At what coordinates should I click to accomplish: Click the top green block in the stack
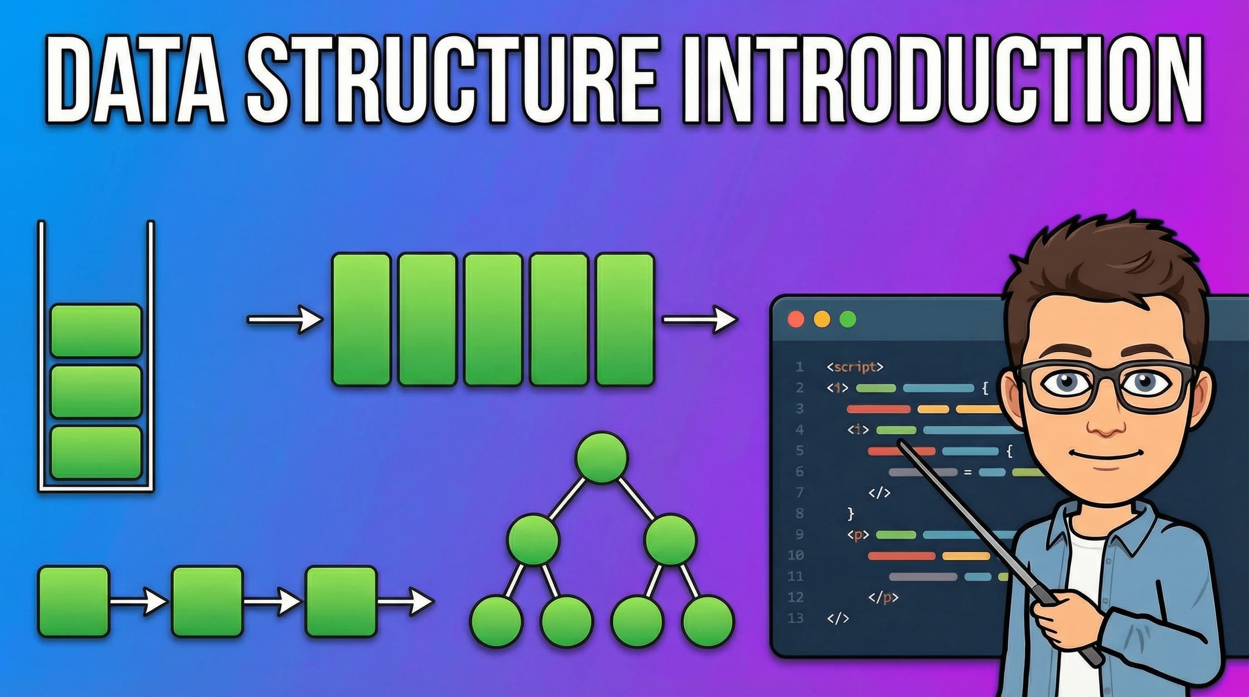[96, 330]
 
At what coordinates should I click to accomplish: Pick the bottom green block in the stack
[96, 452]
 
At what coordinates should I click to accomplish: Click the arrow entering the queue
[285, 319]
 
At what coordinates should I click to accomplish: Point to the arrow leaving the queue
[700, 319]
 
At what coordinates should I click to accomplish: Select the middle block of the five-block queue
[493, 319]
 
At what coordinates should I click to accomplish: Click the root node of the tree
[602, 457]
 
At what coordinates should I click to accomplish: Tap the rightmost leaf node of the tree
[708, 621]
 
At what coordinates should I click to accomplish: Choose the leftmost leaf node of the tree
[497, 621]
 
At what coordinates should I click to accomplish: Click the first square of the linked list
[74, 602]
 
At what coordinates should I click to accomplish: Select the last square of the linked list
[341, 602]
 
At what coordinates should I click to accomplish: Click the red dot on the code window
[796, 319]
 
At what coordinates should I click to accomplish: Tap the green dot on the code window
[847, 319]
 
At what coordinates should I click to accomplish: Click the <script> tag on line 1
[855, 367]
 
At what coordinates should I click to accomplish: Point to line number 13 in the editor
[796, 618]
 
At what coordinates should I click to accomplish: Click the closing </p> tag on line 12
[883, 598]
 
